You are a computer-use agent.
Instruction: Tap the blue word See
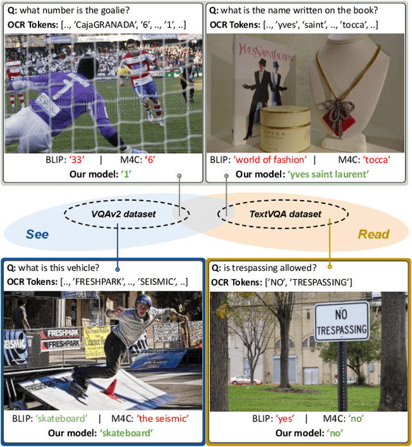point(37,234)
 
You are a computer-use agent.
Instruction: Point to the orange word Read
point(373,234)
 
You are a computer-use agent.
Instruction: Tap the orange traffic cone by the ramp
point(111,387)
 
